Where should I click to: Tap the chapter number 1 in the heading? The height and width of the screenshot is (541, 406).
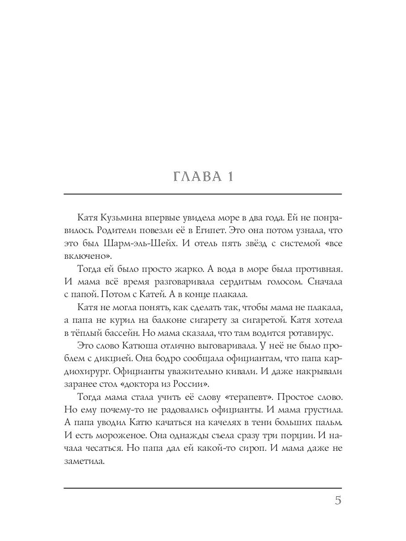[229, 176]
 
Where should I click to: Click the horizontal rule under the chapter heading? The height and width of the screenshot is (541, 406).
[203, 194]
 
